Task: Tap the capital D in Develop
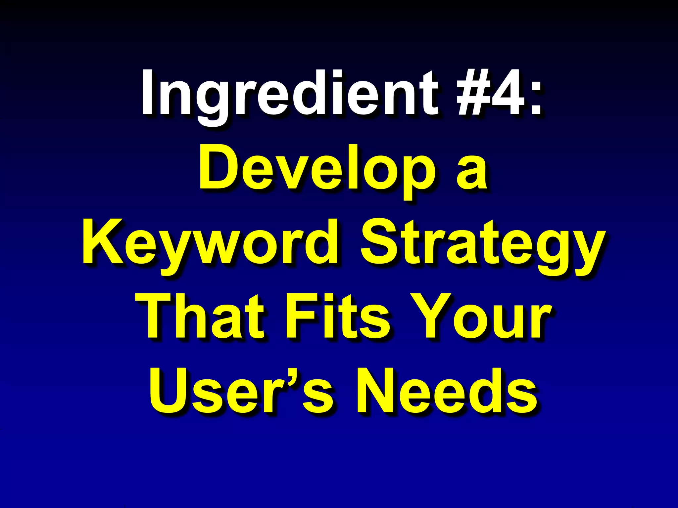pos(217,167)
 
